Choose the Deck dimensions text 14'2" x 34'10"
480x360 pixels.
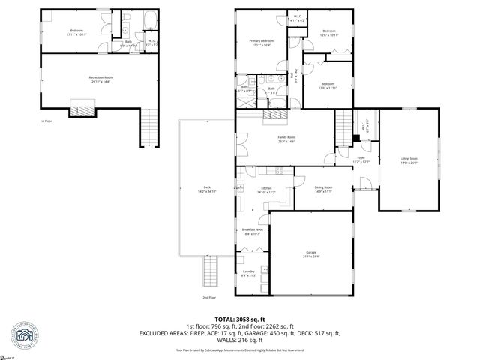(x=207, y=192)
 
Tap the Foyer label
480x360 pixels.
(x=360, y=158)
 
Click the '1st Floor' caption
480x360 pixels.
(x=46, y=121)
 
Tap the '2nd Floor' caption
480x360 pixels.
(x=209, y=298)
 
